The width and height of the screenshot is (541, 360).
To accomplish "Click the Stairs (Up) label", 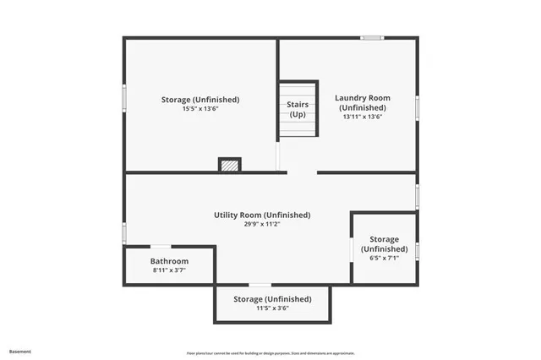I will (298, 109).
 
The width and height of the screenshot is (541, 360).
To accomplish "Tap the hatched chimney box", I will (229, 165).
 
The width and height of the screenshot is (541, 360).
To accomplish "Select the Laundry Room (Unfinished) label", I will (363, 102).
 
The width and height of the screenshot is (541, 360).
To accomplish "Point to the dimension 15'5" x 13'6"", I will (200, 109).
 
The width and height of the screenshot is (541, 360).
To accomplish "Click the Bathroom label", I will (169, 261).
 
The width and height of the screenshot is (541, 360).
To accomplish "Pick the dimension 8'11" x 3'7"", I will (169, 270).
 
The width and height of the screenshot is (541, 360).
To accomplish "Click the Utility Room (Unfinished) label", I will (262, 215).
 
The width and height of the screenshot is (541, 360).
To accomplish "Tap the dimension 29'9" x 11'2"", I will (262, 225).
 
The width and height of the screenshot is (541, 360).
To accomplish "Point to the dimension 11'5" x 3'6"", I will (272, 308).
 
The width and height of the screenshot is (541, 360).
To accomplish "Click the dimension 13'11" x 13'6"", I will (363, 117).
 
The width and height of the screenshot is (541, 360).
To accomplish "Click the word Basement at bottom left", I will (19, 351).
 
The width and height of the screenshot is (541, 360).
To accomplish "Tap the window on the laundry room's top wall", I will (372, 37).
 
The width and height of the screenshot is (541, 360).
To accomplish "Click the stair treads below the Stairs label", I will (298, 128).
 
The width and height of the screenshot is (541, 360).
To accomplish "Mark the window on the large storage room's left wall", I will (124, 97).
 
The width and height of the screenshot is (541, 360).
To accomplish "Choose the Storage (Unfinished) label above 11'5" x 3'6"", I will (272, 299).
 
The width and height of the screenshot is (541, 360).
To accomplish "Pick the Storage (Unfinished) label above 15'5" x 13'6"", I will (200, 100).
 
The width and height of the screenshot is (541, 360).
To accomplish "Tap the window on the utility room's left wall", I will (124, 232).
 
